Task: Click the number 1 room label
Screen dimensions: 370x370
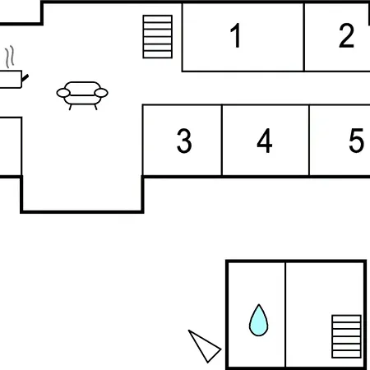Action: click(x=236, y=35)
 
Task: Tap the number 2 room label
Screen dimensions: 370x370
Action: click(x=346, y=35)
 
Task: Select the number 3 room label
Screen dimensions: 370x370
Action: click(x=184, y=141)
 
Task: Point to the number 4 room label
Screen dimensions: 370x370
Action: click(x=265, y=141)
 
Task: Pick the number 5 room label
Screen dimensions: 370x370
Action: click(x=356, y=141)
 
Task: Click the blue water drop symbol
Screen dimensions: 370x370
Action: click(x=258, y=320)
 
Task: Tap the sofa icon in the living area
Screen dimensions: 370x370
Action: click(x=82, y=95)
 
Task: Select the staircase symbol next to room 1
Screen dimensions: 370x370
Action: click(x=158, y=37)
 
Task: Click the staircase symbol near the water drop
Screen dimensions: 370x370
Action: click(x=346, y=336)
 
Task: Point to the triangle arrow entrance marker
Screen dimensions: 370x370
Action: click(x=205, y=346)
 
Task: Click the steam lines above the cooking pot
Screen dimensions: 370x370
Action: click(x=10, y=57)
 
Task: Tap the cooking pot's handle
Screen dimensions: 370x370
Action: click(x=25, y=78)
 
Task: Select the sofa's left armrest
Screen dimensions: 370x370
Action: click(x=63, y=93)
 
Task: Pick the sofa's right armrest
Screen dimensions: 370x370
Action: click(x=101, y=93)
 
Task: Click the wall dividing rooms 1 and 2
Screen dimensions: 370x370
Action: click(x=304, y=37)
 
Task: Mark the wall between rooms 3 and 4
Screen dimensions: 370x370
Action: click(x=222, y=140)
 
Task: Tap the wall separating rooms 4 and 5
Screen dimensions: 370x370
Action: click(x=309, y=140)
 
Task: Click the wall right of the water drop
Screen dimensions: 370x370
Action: click(x=285, y=315)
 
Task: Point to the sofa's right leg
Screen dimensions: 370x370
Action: click(x=95, y=107)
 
